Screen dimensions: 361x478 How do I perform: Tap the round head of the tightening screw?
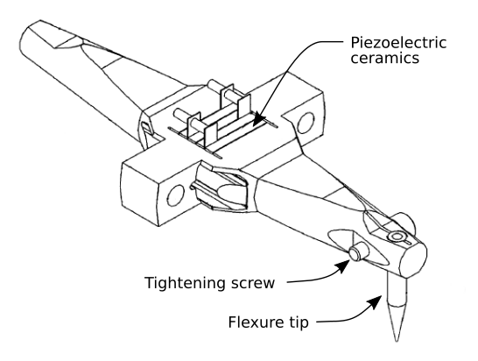click(x=356, y=253)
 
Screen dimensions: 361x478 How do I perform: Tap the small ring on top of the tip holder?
click(x=395, y=237)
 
